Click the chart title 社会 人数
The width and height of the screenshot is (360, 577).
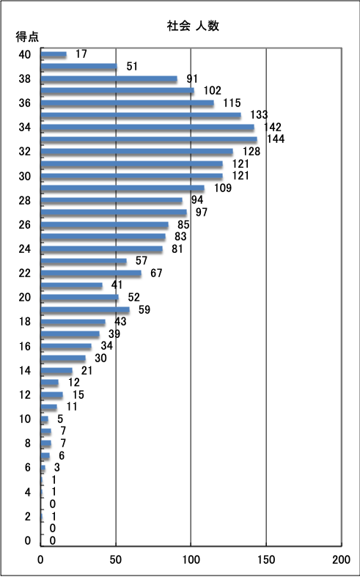tap(194, 26)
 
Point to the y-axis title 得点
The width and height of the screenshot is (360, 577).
tap(27, 37)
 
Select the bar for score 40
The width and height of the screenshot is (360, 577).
tap(54, 54)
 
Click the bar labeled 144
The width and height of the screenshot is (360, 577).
tap(149, 139)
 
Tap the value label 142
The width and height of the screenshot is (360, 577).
tap(273, 128)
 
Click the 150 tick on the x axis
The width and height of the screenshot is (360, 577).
tap(266, 559)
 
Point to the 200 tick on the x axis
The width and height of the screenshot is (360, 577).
tap(341, 559)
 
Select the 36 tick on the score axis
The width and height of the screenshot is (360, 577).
tap(25, 103)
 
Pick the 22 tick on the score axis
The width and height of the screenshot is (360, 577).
tap(25, 273)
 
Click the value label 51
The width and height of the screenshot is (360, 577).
tap(132, 66)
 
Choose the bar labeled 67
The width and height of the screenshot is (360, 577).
tap(91, 273)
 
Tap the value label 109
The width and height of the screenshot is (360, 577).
tap(223, 188)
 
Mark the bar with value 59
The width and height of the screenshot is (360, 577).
tap(85, 310)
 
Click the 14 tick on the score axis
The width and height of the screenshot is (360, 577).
tap(25, 370)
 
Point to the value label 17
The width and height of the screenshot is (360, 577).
tap(81, 54)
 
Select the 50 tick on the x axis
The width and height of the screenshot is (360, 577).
tap(116, 559)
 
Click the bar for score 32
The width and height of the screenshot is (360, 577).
tap(137, 152)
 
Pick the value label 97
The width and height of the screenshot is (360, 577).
tap(202, 213)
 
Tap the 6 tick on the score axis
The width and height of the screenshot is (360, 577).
tap(28, 468)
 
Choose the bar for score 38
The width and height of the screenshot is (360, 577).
tap(109, 78)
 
